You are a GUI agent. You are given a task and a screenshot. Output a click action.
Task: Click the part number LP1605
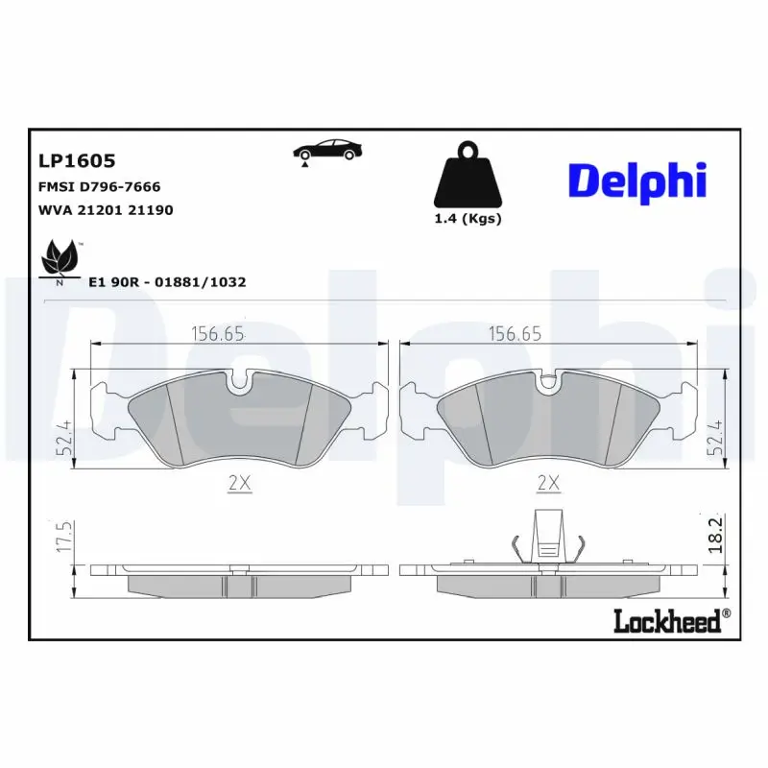point(77,161)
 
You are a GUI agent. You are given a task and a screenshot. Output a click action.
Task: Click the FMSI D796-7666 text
point(99,186)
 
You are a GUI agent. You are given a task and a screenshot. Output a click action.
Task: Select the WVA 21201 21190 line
point(106,210)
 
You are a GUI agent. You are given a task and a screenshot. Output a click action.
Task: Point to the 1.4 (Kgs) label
point(468,219)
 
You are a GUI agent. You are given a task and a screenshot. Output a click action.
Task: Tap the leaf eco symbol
point(59,261)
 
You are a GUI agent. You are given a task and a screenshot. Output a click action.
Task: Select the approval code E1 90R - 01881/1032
point(167,282)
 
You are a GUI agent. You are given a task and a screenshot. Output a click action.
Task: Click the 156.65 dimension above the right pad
point(516,334)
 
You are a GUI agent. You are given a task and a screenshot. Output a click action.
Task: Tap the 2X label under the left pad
point(240,484)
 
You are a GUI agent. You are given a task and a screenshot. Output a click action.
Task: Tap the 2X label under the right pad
point(548,484)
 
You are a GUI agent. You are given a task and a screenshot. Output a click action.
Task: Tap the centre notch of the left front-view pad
point(240,383)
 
